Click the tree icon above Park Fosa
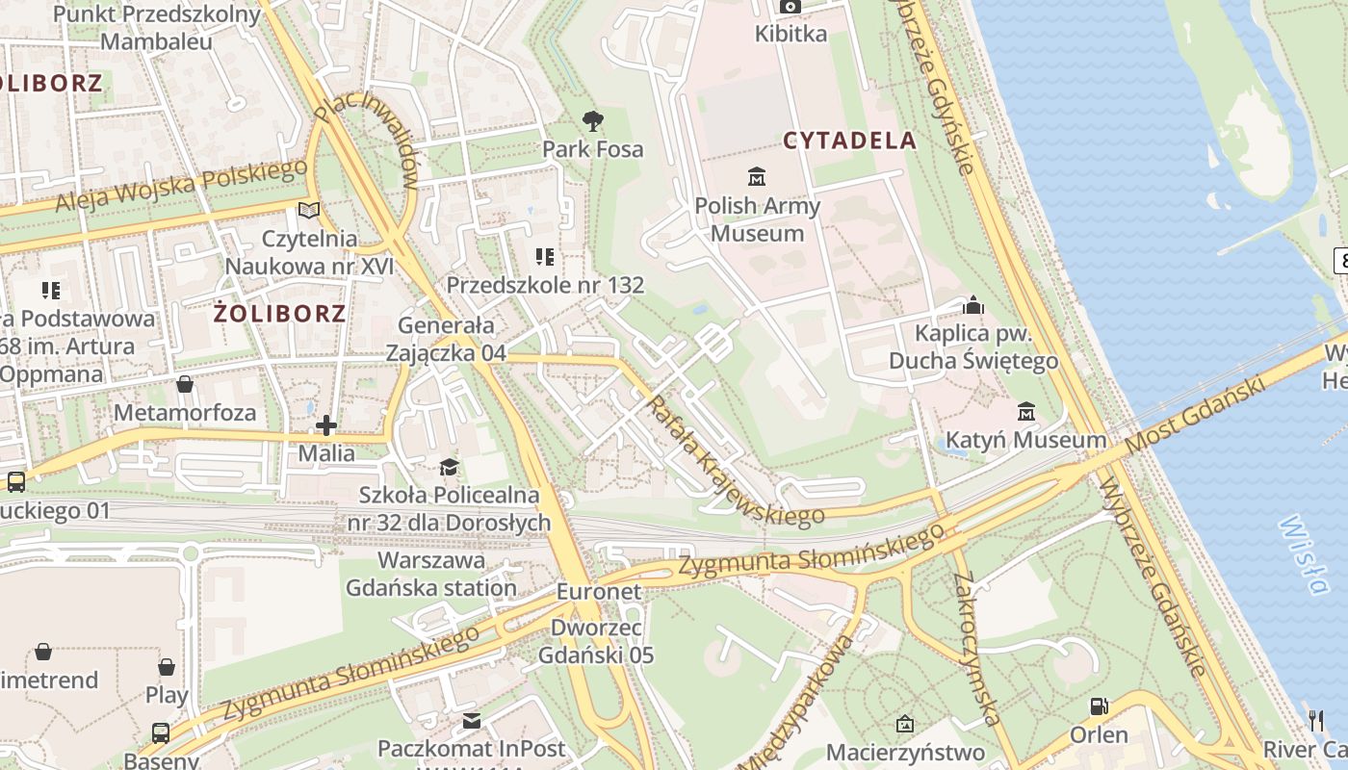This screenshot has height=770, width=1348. (x=593, y=121)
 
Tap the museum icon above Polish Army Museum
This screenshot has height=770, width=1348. (x=757, y=177)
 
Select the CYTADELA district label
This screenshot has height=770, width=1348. (x=849, y=141)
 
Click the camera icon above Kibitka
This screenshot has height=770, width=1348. (x=790, y=7)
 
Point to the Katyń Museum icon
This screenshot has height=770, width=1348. (x=1026, y=412)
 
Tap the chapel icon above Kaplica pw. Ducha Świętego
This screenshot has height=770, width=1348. (x=973, y=305)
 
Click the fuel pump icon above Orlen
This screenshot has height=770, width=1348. (x=1099, y=706)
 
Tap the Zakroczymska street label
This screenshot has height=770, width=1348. (x=976, y=649)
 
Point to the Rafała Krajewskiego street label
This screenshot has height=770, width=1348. (x=736, y=462)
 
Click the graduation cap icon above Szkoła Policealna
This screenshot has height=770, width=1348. (x=449, y=468)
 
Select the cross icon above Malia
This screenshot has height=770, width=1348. (x=326, y=424)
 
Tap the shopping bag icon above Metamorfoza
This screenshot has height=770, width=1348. (x=185, y=384)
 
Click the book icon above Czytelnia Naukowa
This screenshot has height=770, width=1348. (x=309, y=210)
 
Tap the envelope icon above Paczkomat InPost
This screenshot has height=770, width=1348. (x=471, y=720)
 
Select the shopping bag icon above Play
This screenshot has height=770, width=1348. (x=167, y=666)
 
